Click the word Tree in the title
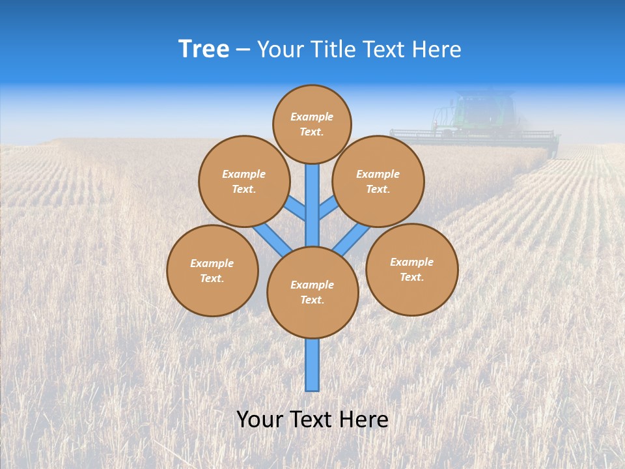tap(204, 50)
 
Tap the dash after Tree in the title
tap(242, 50)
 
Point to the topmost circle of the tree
tap(312, 124)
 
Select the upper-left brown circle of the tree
tap(244, 181)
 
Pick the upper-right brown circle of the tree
tap(378, 181)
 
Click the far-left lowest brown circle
tap(212, 270)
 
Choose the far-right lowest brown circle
tap(411, 269)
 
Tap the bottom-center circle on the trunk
tap(312, 292)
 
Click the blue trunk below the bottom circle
tap(312, 365)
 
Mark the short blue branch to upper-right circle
tap(328, 208)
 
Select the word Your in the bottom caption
tap(260, 419)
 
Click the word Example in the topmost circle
tap(311, 117)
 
